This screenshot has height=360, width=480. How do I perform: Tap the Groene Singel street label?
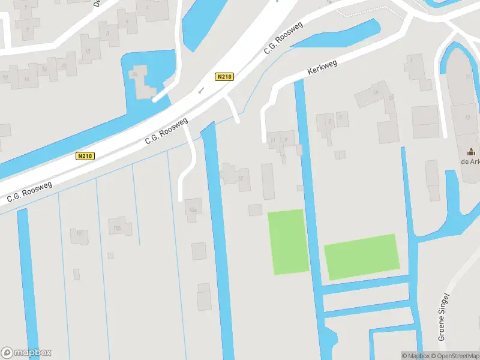click(x=443, y=316)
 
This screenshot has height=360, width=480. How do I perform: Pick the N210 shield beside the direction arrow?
click(x=224, y=77)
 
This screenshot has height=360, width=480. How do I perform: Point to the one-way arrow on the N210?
click(x=201, y=91)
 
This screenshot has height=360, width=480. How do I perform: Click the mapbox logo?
click(x=26, y=353)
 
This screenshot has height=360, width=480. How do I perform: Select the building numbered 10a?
click(x=193, y=209)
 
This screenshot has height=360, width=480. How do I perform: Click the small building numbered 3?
click(x=341, y=118)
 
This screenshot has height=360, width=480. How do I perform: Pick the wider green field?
click(x=362, y=256)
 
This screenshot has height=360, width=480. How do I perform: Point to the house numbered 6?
click(x=127, y=22)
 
